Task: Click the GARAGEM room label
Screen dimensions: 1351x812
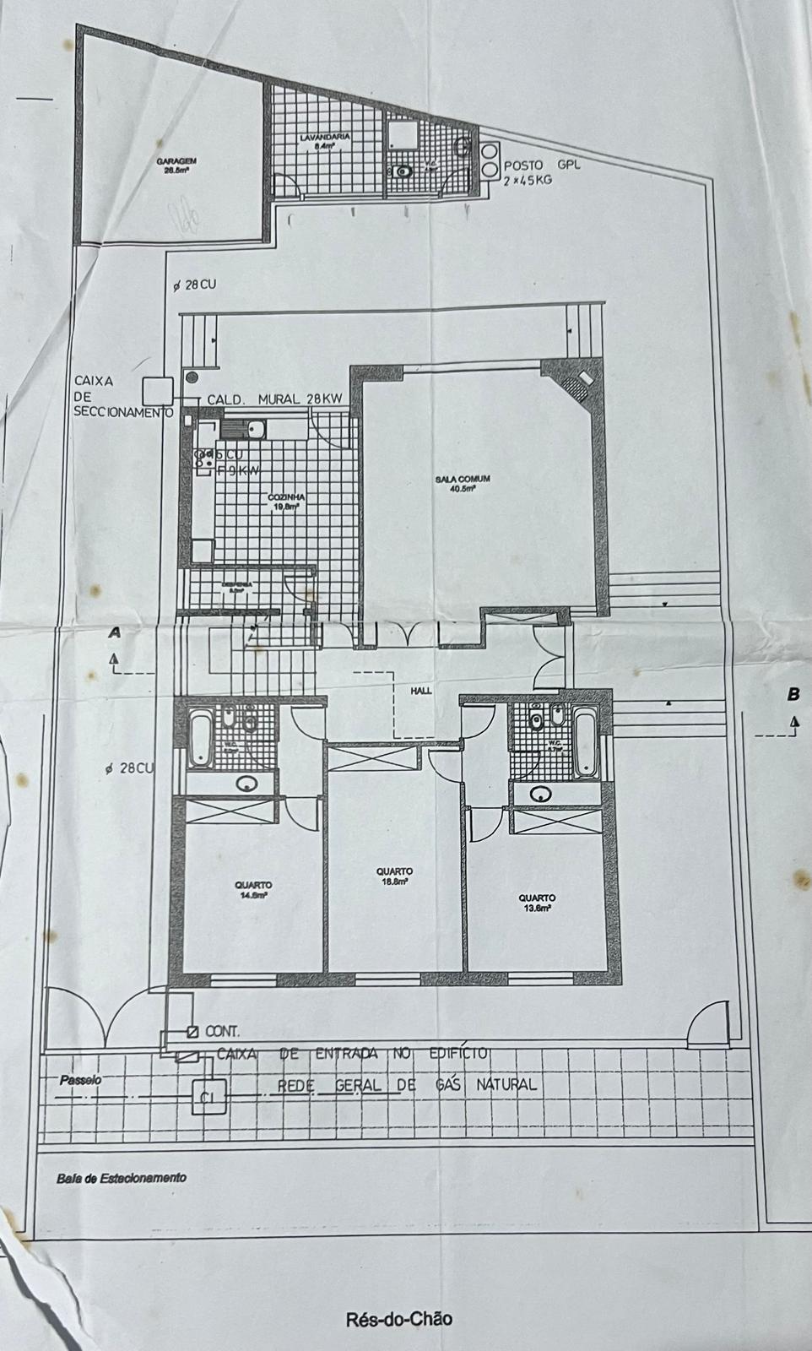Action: (176, 165)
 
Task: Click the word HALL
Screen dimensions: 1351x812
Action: (421, 690)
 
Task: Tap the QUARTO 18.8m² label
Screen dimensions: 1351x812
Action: (393, 876)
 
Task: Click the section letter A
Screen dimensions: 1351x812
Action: (115, 632)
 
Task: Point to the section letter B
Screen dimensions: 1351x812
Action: (793, 694)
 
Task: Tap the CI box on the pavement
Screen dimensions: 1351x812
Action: (208, 1098)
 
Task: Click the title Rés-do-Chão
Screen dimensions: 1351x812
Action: (398, 1319)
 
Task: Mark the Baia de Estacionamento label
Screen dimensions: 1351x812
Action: (122, 1178)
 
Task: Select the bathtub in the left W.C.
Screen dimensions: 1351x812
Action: (200, 739)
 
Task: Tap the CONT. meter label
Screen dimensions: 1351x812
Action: (221, 1031)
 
